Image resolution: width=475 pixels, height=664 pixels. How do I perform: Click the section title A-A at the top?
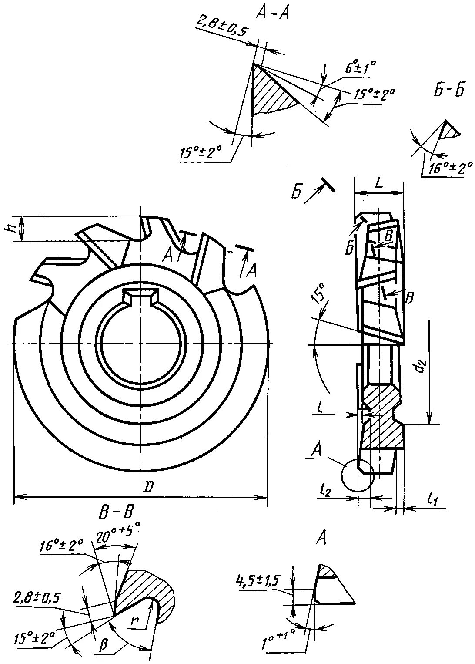pyautogui.click(x=272, y=13)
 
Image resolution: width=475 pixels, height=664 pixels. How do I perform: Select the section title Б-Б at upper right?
pyautogui.click(x=449, y=90)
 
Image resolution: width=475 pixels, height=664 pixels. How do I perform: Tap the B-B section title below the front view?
pyautogui.click(x=116, y=512)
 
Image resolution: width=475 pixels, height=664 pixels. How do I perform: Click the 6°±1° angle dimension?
pyautogui.click(x=360, y=68)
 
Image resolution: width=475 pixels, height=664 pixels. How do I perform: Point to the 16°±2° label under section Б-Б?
pyautogui.click(x=450, y=168)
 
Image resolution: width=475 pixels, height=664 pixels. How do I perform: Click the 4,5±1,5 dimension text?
pyautogui.click(x=258, y=580)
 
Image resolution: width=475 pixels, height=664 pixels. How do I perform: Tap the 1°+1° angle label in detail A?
pyautogui.click(x=279, y=637)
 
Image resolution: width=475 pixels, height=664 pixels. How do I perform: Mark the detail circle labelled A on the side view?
pyautogui.click(x=358, y=475)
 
